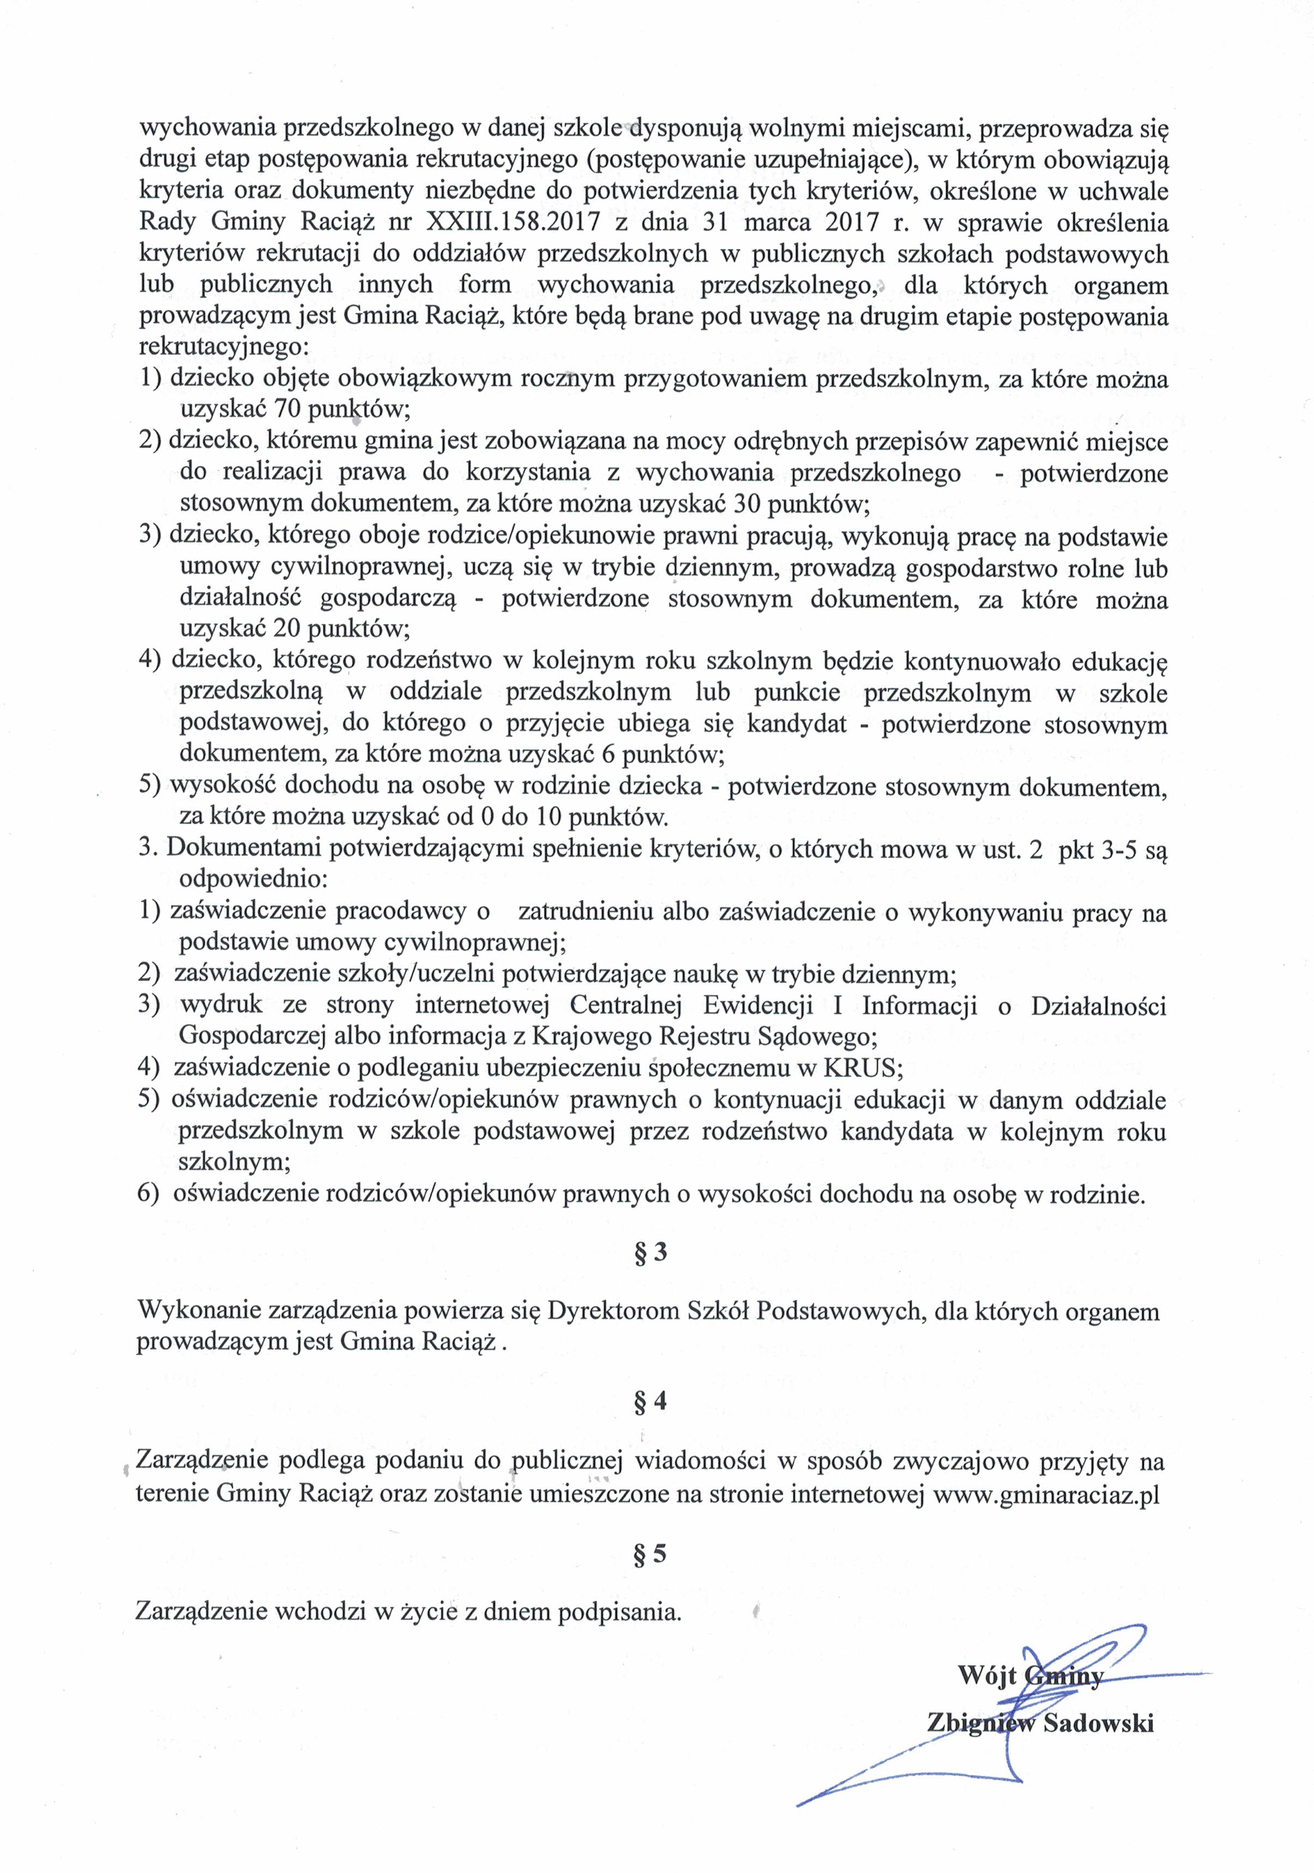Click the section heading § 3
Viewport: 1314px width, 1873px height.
tap(651, 1252)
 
